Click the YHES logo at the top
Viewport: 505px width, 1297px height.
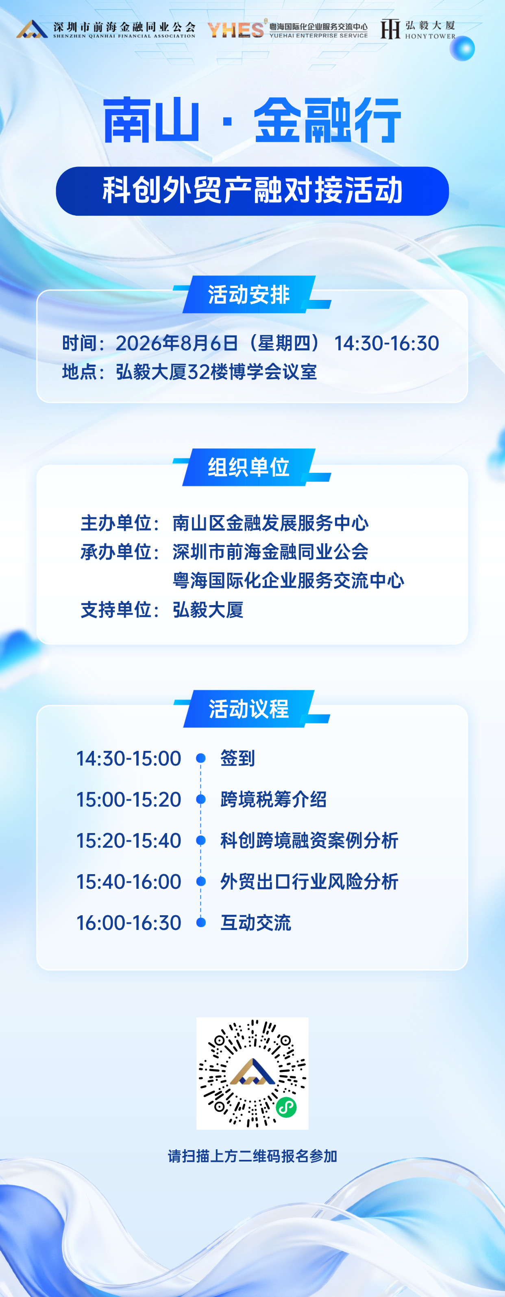(x=287, y=29)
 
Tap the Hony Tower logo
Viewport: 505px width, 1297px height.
(x=418, y=29)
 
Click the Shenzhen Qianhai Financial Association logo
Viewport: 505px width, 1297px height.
(x=106, y=29)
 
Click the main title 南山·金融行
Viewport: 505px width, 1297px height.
(x=252, y=121)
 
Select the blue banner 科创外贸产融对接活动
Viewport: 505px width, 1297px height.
(x=252, y=191)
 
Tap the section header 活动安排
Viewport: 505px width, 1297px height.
(x=249, y=295)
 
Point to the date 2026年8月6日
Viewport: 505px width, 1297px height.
(x=176, y=343)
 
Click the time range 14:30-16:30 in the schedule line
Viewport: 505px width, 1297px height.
(x=386, y=343)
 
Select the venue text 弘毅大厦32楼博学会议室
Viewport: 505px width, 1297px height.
(x=216, y=372)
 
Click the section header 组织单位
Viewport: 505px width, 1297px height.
(x=249, y=467)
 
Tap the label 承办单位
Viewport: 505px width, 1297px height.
(x=116, y=552)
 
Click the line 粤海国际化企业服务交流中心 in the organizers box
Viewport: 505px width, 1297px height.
(x=288, y=580)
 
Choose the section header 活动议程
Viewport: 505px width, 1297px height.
(x=249, y=709)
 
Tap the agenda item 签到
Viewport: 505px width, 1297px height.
(x=238, y=758)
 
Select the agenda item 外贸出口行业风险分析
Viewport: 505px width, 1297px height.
(x=309, y=881)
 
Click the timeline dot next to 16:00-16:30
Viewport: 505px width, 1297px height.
(x=201, y=923)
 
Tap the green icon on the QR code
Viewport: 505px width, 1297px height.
(x=286, y=1108)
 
